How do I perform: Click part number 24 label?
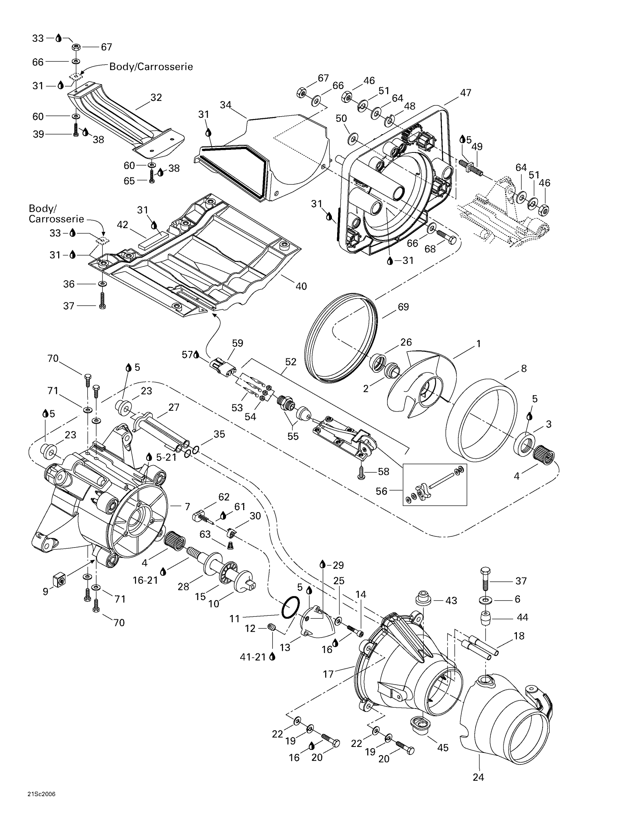478,777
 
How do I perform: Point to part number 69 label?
403,307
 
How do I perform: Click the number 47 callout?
465,93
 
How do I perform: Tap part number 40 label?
301,286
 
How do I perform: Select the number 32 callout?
156,98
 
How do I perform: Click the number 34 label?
225,105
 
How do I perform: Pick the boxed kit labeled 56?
434,485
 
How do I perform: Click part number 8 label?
524,368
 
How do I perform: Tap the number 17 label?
328,674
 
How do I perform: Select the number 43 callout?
451,601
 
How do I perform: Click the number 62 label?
224,497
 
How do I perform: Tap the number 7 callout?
188,507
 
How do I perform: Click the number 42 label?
122,224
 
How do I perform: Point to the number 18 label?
519,636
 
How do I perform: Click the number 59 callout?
237,343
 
